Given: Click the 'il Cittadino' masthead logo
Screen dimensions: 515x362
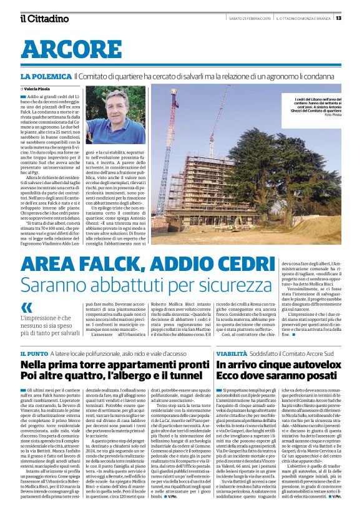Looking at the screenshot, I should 44,18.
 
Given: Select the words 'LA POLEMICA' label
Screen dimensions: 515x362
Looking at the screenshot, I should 46,76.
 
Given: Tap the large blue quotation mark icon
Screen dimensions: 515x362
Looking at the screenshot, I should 27,307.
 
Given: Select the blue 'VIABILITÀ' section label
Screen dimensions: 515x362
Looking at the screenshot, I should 232,353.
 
